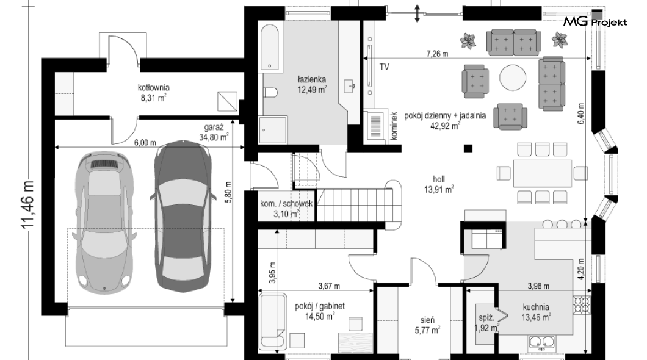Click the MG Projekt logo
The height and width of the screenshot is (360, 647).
(595, 21)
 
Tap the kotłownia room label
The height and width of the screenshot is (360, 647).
(153, 87)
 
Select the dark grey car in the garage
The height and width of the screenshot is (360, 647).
(182, 215)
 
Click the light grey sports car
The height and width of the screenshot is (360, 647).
(105, 223)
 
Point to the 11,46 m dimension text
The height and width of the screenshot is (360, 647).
(28, 204)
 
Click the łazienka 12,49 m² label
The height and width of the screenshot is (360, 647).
(312, 85)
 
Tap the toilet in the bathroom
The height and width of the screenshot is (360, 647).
(270, 92)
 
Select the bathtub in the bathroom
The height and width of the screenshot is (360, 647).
(270, 48)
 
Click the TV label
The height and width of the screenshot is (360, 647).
(384, 67)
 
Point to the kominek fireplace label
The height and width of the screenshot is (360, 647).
(394, 126)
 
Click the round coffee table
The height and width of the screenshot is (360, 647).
(513, 77)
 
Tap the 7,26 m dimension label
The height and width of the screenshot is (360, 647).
(438, 54)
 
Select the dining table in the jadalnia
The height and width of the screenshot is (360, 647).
(542, 173)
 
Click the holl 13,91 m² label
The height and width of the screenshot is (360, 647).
(439, 184)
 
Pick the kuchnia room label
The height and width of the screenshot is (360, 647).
(535, 307)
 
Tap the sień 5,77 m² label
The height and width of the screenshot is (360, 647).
(427, 325)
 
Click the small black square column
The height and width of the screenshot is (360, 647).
(468, 148)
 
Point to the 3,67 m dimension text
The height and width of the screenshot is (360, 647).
(329, 286)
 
